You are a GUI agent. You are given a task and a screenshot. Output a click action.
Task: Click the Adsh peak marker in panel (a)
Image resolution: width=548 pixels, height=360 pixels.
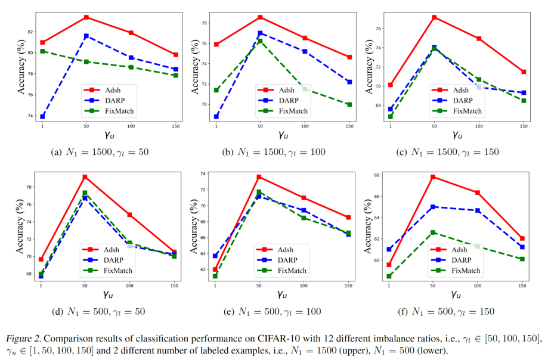86,17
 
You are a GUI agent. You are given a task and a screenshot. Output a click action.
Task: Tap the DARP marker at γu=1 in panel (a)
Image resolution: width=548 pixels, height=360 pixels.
42,116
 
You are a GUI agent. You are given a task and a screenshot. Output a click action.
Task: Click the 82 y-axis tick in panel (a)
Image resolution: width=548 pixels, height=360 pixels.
30,31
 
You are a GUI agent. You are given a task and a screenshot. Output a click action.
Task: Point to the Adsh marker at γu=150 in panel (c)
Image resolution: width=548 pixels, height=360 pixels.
524,72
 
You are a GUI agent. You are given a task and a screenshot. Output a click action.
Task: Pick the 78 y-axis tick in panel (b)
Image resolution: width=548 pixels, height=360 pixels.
204,23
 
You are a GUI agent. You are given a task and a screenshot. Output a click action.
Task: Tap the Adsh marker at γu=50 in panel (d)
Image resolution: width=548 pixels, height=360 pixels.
85,177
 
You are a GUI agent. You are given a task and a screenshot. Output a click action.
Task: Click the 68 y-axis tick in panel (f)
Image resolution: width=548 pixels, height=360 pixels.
378,175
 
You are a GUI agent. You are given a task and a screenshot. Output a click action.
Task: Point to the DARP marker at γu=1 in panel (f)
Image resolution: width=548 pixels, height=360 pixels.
389,249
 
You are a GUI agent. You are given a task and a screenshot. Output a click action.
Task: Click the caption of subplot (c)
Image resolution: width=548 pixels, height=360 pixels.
456,152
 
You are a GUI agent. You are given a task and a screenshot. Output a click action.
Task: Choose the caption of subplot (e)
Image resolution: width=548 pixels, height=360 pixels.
280,311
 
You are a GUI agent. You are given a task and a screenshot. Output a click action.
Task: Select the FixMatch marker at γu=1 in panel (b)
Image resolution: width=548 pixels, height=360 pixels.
216,91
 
